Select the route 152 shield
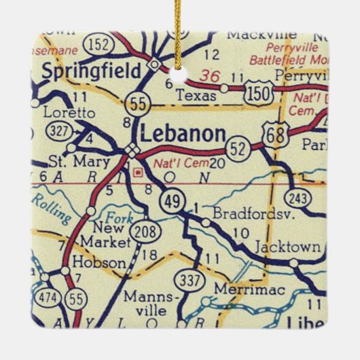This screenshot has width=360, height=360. tap(98, 45)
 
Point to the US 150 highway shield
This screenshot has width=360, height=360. tap(261, 89)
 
